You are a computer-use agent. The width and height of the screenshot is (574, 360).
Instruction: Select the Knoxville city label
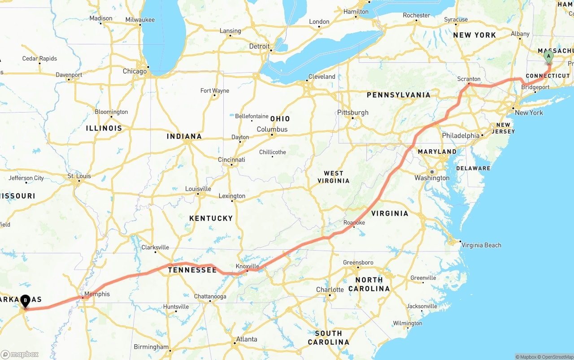pos(248,266)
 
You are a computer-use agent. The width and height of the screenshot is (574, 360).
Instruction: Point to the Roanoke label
pos(354,222)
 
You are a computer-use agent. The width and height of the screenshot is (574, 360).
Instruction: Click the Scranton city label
pos(469,79)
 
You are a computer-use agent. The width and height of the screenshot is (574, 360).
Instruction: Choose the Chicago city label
pos(135,71)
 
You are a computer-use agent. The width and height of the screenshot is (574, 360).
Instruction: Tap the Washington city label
pos(432,178)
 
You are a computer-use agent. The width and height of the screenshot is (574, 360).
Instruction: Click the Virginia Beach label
pos(481,245)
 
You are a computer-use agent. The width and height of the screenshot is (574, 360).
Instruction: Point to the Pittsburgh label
pos(353,113)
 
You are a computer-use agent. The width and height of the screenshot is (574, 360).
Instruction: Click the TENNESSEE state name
pos(192,270)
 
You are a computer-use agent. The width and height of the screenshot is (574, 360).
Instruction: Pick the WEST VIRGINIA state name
pos(333,177)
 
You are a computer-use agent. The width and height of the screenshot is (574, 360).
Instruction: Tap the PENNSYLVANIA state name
pos(398,95)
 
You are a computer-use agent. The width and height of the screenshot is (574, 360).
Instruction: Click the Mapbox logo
pos(19,354)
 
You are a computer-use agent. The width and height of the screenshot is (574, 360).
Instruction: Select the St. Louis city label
pos(79,176)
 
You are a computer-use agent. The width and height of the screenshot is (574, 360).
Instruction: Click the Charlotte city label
pos(330,290)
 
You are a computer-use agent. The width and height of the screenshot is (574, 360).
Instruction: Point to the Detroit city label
pos(259,46)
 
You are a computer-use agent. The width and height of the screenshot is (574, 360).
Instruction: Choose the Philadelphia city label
pos(461,135)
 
